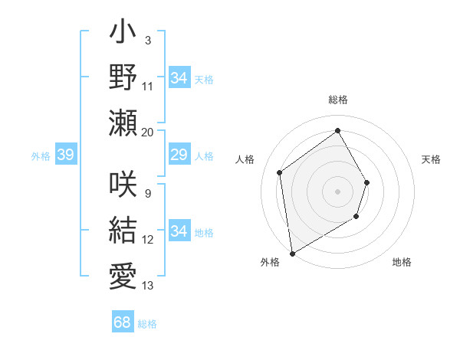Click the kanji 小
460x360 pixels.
click(123, 34)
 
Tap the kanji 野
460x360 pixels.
click(123, 77)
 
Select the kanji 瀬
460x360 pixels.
click(123, 122)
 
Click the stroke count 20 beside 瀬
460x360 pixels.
click(148, 132)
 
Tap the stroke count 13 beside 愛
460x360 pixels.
click(148, 286)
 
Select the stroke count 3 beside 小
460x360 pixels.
click(148, 39)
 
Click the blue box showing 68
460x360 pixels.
click(123, 322)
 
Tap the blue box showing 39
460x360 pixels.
click(65, 155)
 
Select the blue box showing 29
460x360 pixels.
click(179, 155)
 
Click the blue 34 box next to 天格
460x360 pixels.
click(179, 77)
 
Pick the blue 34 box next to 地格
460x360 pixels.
click(179, 231)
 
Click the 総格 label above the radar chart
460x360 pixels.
click(337, 100)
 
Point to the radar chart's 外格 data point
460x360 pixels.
click(292, 253)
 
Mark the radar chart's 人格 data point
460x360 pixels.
click(280, 172)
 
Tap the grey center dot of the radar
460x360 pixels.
click(337, 191)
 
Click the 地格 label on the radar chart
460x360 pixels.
click(402, 262)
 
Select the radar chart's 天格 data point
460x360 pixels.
click(367, 182)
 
